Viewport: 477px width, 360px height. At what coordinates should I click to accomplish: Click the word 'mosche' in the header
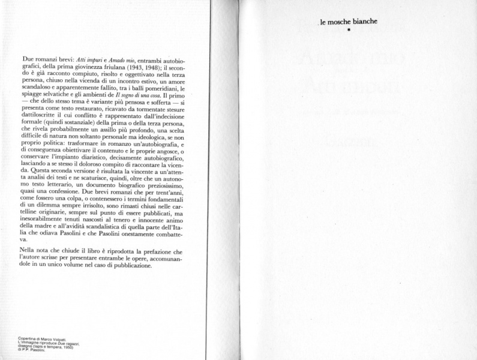click(343, 22)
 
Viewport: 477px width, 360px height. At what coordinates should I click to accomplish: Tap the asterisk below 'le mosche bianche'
click(348, 30)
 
